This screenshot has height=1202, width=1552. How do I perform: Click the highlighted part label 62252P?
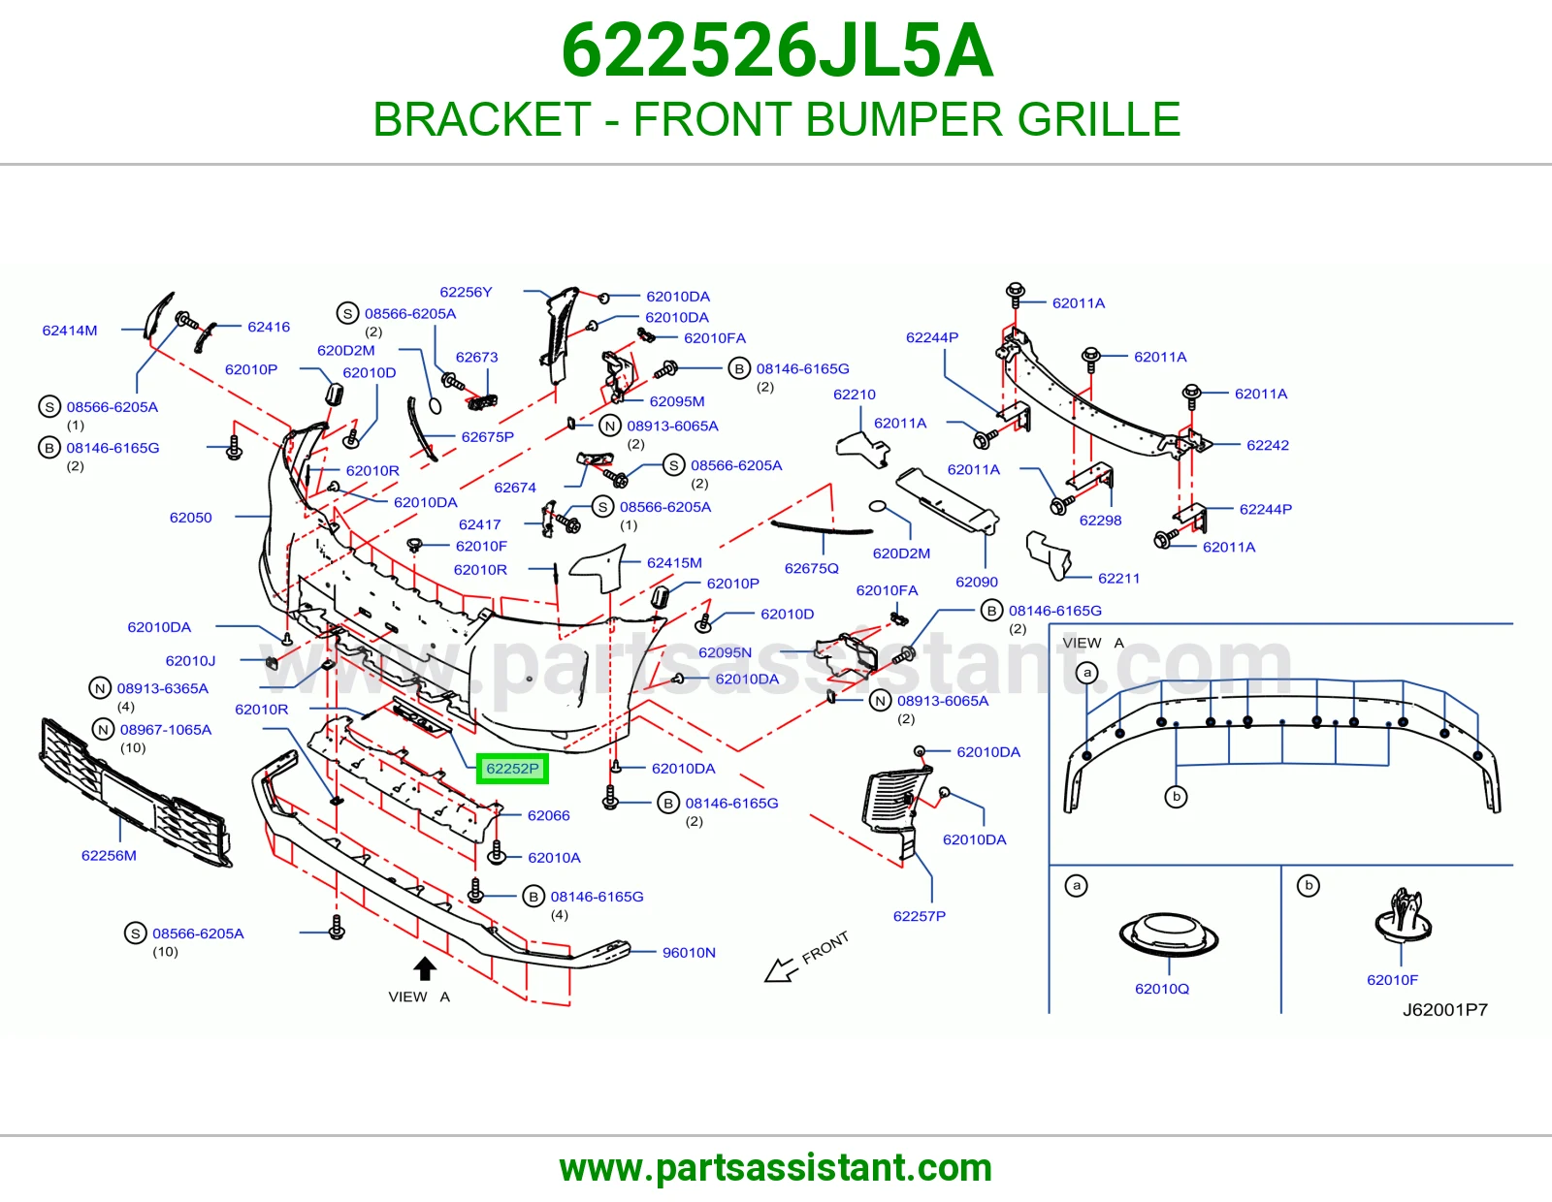pyautogui.click(x=512, y=769)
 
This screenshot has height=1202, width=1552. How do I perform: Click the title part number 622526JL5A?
pyautogui.click(x=777, y=50)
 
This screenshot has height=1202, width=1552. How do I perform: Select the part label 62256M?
pyautogui.click(x=109, y=855)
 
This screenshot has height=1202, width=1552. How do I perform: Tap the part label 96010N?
pyautogui.click(x=689, y=952)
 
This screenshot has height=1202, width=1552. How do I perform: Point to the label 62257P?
pyautogui.click(x=920, y=916)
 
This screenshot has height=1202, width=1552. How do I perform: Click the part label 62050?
pyautogui.click(x=191, y=518)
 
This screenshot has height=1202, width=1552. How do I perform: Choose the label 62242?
pyautogui.click(x=1268, y=445)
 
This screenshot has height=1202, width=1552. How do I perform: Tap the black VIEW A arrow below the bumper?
pyautogui.click(x=425, y=968)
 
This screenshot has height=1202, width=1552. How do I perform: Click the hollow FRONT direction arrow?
pyautogui.click(x=781, y=970)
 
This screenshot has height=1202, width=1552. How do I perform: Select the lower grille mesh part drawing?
pyautogui.click(x=135, y=792)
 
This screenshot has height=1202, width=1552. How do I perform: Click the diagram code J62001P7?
pyautogui.click(x=1445, y=1010)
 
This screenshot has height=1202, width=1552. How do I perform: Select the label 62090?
pyautogui.click(x=977, y=582)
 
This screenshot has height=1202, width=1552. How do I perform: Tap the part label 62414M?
pyautogui.click(x=69, y=331)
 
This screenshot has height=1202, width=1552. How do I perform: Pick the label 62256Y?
pyautogui.click(x=466, y=292)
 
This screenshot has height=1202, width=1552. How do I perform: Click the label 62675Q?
pyautogui.click(x=811, y=568)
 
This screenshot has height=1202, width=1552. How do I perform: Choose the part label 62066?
pyautogui.click(x=548, y=815)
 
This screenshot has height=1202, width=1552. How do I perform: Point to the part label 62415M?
pyautogui.click(x=674, y=562)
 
